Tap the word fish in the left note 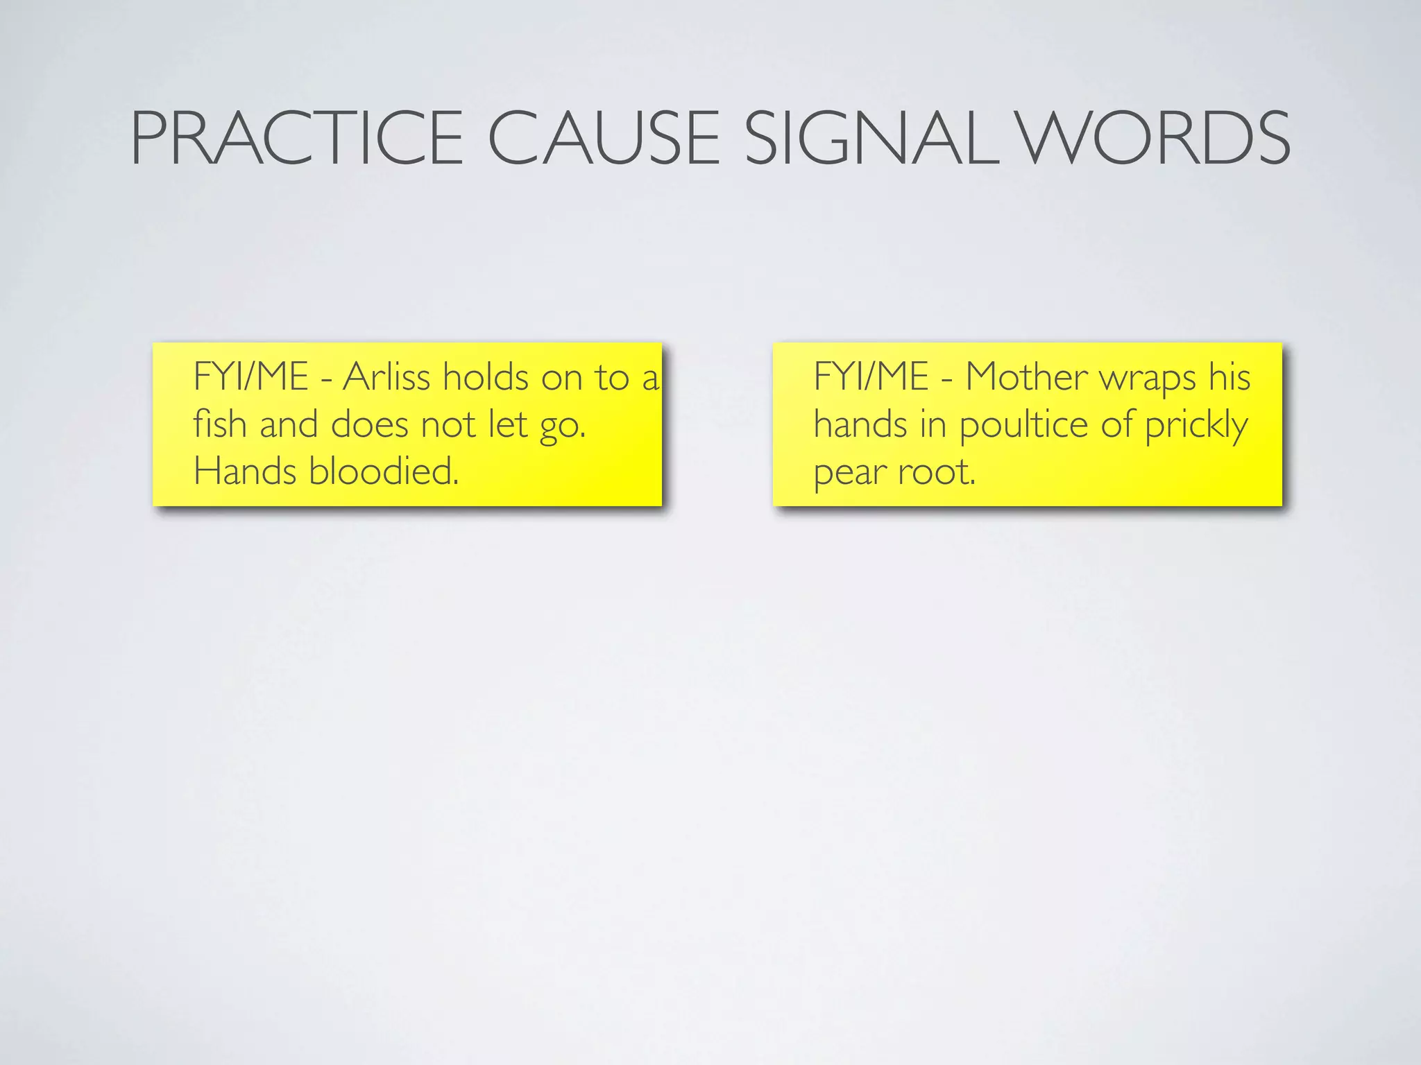point(219,424)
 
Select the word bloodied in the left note point(384,471)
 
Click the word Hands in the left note point(245,471)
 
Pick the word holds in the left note point(486,378)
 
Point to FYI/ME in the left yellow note point(250,378)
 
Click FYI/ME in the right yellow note point(871,378)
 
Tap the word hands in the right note point(860,424)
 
